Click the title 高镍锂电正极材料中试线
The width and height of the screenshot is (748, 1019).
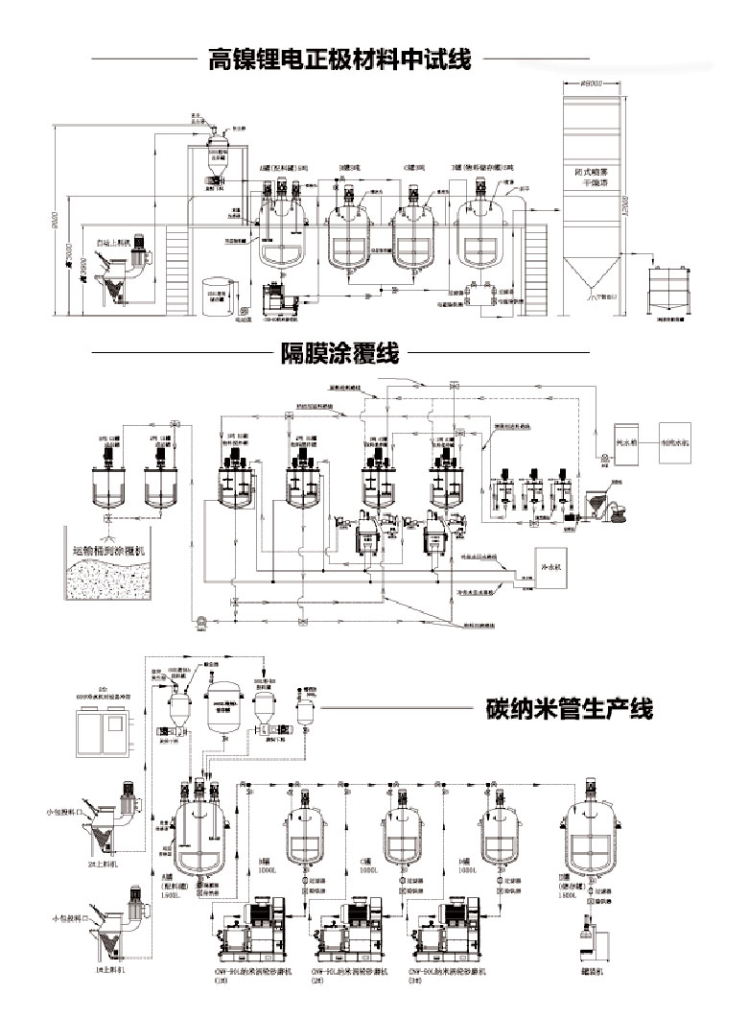click(x=339, y=60)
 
